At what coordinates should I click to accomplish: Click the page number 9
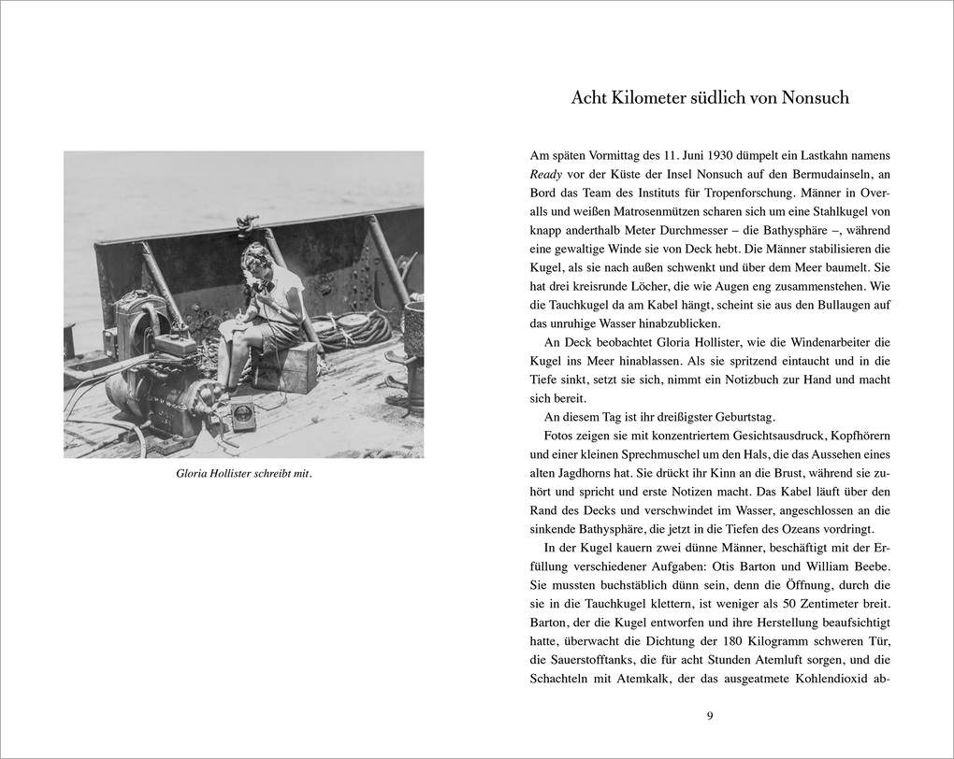pos(710,716)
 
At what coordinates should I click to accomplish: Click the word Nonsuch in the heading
pos(810,97)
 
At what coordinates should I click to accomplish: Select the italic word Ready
pos(545,173)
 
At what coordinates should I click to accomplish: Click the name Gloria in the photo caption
pos(194,473)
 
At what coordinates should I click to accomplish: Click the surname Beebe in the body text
pos(871,566)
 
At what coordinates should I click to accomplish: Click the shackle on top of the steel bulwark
pos(247,224)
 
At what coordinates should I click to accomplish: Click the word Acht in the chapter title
pos(591,97)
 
